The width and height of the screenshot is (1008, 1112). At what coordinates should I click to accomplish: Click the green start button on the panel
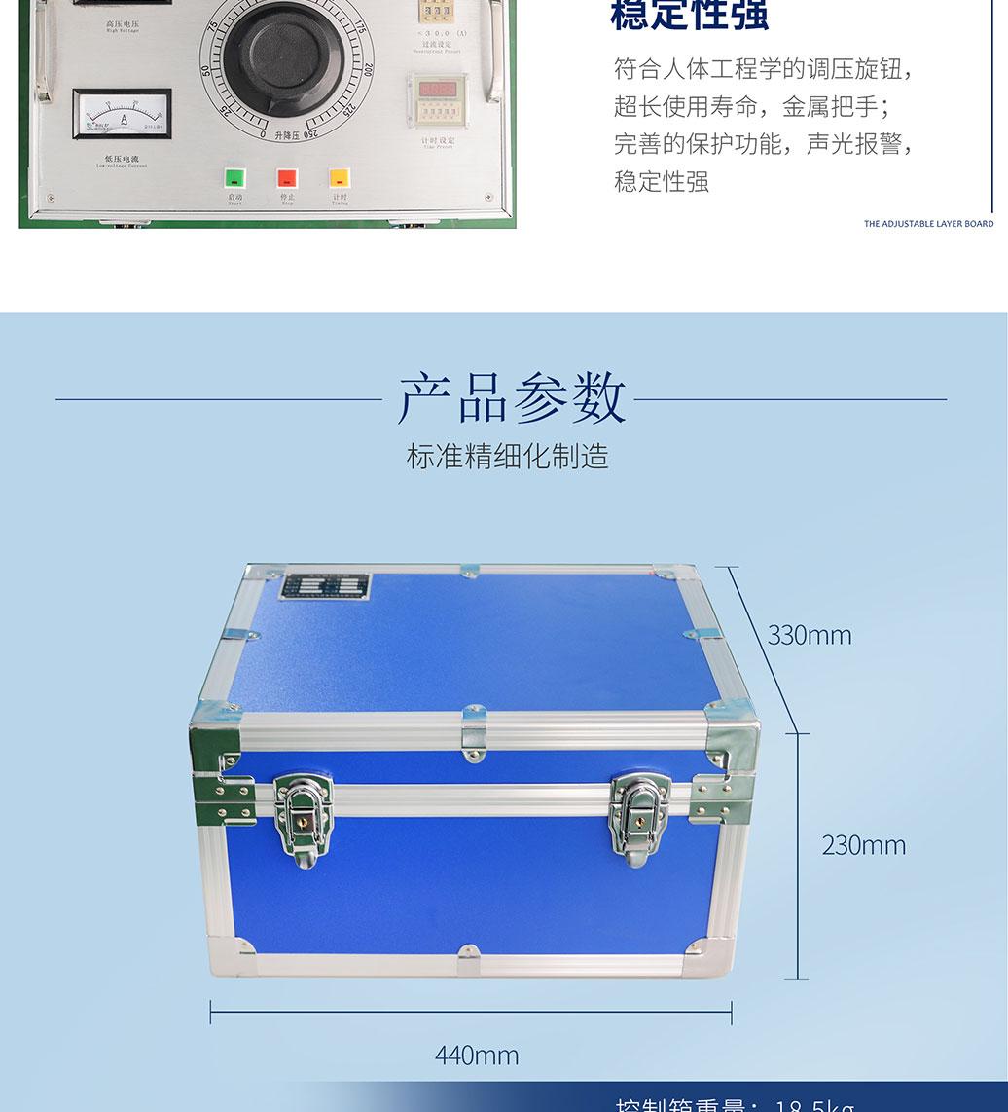coord(234,178)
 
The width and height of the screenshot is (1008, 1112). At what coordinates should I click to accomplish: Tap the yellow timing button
coord(339,178)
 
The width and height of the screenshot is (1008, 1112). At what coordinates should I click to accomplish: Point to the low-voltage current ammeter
coord(123,114)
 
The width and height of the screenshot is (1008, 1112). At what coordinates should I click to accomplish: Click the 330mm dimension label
coord(810,635)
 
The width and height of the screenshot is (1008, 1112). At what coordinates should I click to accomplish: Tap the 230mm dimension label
coord(863,844)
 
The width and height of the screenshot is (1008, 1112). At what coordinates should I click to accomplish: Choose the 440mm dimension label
coord(476,1055)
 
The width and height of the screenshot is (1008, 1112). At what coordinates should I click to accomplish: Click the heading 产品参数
coord(511,398)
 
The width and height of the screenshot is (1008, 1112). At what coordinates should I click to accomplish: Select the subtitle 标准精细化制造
coord(507,456)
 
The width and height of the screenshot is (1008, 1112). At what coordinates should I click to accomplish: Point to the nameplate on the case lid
coord(326,586)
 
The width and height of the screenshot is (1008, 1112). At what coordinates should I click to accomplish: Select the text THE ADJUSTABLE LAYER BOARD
coord(928,224)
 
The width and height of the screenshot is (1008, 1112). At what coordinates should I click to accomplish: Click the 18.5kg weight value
coord(814,1104)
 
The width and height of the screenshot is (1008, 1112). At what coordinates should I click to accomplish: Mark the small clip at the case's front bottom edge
coord(469,959)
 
